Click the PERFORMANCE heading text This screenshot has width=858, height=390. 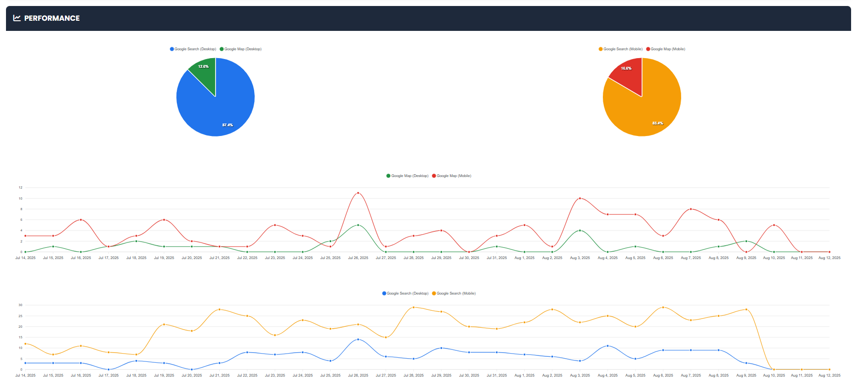click(52, 18)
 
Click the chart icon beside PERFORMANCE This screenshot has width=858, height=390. click(17, 18)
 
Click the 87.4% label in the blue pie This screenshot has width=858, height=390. click(228, 125)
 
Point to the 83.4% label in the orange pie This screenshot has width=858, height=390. click(658, 123)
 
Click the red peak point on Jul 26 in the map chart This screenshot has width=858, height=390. click(358, 193)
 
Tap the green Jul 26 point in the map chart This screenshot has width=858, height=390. click(358, 225)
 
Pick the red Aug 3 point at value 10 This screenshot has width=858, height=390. click(580, 198)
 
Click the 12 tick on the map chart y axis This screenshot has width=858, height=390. click(20, 188)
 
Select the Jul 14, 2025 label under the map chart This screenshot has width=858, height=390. click(25, 258)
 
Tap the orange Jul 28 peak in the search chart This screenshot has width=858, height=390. click(414, 307)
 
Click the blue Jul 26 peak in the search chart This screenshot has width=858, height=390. click(358, 339)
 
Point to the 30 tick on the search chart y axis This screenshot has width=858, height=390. click(20, 305)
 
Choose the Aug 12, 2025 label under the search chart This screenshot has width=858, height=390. click(829, 376)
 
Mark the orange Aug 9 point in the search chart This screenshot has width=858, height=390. click(746, 309)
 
